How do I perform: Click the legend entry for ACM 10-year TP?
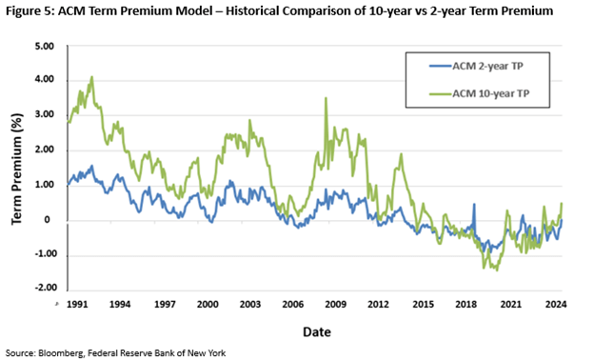click(x=481, y=92)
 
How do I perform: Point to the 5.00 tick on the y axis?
click(x=44, y=46)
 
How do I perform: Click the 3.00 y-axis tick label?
click(x=44, y=115)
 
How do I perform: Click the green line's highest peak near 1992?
click(x=91, y=77)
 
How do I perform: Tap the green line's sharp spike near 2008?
click(x=327, y=98)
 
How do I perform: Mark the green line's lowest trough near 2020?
click(x=496, y=270)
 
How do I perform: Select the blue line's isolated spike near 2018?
click(x=474, y=205)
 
